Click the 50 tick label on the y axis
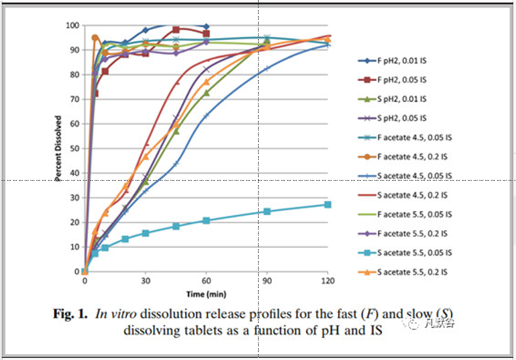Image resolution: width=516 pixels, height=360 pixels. coord(74,149)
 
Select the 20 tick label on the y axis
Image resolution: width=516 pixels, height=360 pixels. coord(74,222)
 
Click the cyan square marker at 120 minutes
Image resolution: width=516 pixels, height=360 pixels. coord(328,205)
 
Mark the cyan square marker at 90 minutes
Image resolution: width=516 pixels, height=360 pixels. coord(267,211)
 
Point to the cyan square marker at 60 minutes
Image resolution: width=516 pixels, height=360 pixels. coord(206,220)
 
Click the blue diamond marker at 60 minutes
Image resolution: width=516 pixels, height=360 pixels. coord(206,26)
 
